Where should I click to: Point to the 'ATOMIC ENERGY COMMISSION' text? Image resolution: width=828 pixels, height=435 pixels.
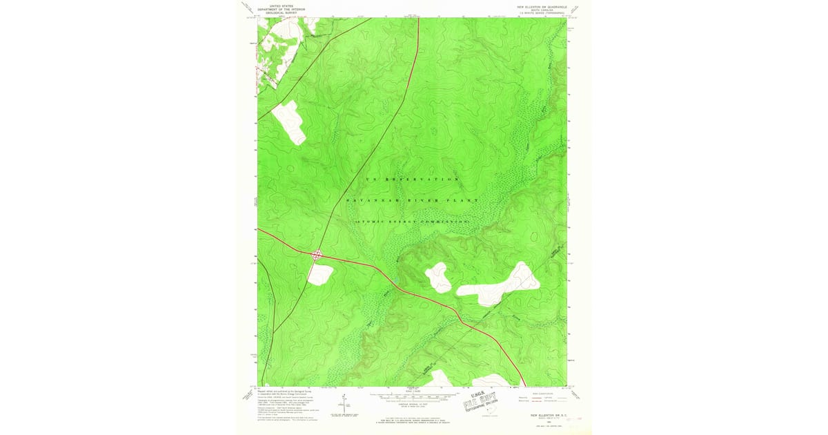(x=413, y=221)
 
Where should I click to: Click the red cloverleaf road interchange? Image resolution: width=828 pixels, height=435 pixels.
(x=317, y=255)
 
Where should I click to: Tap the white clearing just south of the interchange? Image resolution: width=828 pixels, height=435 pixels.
(x=319, y=274)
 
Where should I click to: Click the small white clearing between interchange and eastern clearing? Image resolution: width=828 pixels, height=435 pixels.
(x=438, y=277)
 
